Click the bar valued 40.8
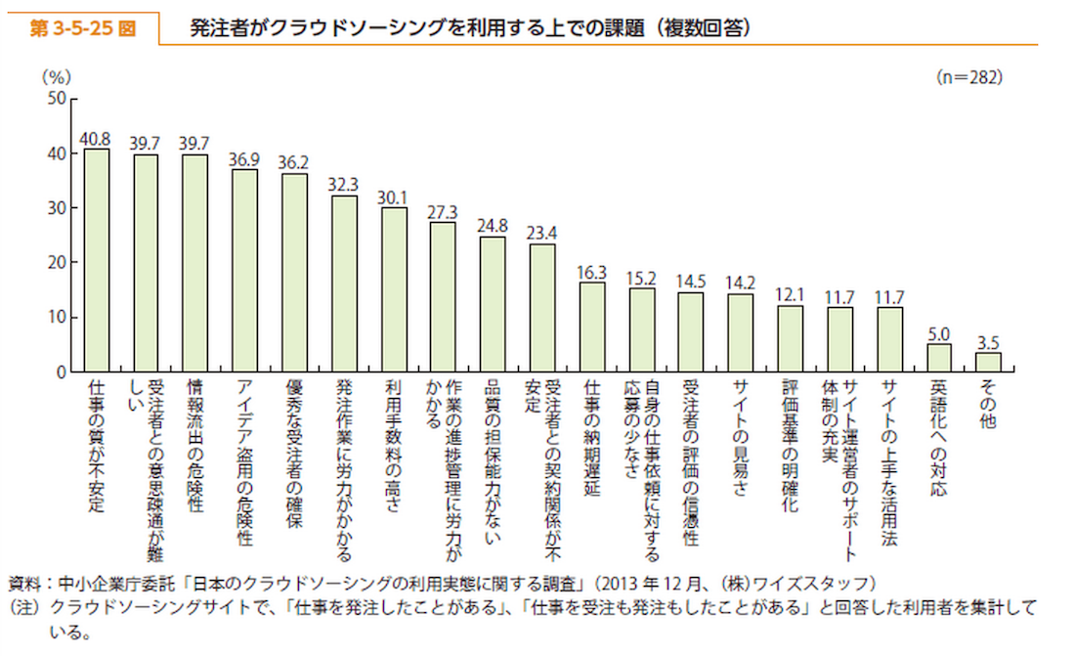[x=96, y=261]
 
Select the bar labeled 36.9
[x=244, y=271]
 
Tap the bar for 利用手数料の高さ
[x=394, y=289]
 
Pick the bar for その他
[x=988, y=362]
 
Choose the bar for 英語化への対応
[x=939, y=358]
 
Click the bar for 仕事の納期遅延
[x=592, y=328]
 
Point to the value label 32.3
[x=344, y=183]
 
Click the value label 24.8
[x=493, y=224]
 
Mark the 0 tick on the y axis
[x=62, y=372]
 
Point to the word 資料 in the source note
[x=23, y=585]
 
